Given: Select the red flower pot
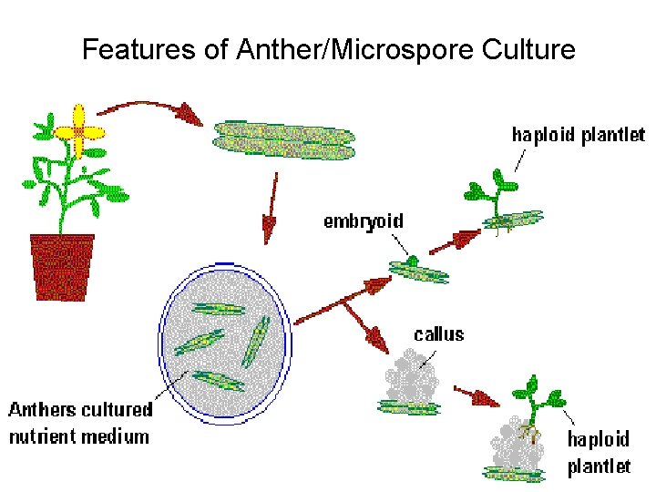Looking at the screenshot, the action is coord(62,265).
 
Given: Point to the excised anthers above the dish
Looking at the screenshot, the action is coord(283,139).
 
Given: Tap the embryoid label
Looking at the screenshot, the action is coord(364,221).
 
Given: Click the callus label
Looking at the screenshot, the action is coord(439,334).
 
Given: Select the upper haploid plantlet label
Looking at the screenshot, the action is coord(578,136).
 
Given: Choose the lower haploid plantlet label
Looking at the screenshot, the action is coord(599,453).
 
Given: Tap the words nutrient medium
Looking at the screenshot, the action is coord(78,436).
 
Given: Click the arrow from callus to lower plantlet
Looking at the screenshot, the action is coord(477,397).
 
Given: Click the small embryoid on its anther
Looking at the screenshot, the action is coord(414,263).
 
